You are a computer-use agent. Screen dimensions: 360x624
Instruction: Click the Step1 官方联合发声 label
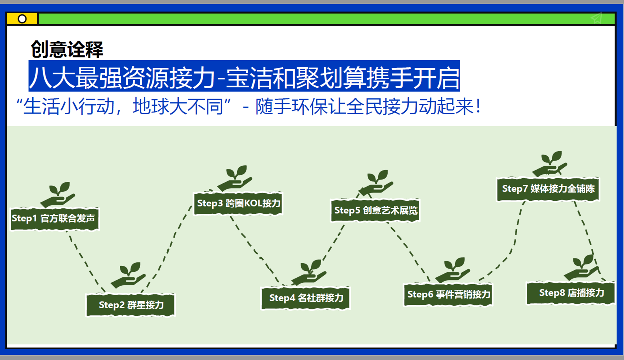pos(54,218)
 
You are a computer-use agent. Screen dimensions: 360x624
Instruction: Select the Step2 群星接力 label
pos(131,304)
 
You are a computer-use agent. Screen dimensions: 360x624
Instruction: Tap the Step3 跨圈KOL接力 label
pos(238,203)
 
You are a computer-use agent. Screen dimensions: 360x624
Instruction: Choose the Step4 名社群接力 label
pos(306,298)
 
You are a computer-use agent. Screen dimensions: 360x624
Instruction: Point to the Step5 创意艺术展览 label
pos(376,210)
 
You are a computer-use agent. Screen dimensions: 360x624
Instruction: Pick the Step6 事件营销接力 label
pos(448,294)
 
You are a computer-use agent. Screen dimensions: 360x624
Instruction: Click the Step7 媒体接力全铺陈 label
pos(548,189)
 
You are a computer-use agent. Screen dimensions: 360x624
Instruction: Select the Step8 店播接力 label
pos(571,293)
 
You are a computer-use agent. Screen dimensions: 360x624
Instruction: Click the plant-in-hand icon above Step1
pos(58,195)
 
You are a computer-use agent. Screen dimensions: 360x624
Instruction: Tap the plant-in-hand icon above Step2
pos(128,275)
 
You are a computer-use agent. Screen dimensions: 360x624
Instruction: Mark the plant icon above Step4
pos(309,272)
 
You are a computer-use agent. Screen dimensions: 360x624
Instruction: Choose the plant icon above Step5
pos(377,183)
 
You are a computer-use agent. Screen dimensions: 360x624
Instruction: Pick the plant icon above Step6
pos(453,270)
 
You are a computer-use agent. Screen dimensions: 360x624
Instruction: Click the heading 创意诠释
pos(67,49)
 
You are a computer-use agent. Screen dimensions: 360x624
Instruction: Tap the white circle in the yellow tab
pos(22,19)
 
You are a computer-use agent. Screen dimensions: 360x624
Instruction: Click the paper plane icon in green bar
pos(596,18)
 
